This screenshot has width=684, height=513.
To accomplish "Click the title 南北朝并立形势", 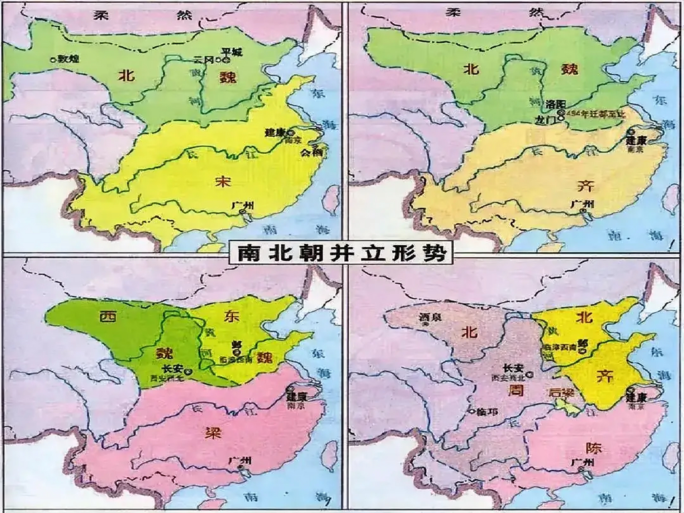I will [x=342, y=253].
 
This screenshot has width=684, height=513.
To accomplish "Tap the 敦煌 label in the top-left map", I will [x=68, y=59].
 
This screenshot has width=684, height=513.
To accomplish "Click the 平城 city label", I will [x=232, y=52].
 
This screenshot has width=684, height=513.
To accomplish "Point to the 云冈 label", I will [x=204, y=60].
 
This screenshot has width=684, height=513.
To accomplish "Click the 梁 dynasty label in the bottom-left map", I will [x=213, y=433].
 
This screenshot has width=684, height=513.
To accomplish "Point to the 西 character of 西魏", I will [x=108, y=317].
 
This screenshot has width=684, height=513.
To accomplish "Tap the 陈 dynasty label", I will [x=593, y=448].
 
